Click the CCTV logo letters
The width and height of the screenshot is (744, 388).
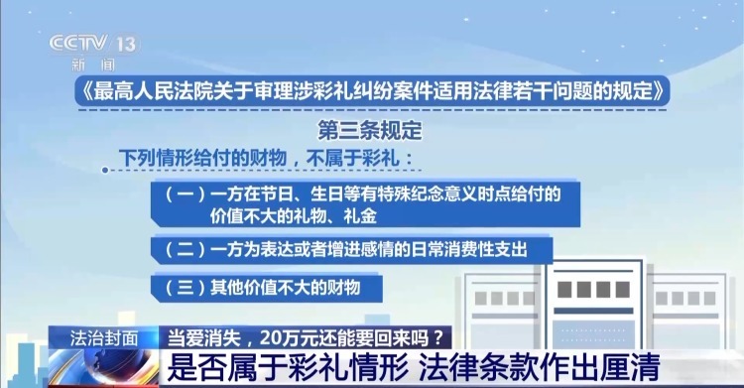(80, 44)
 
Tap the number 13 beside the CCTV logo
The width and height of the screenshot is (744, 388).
(126, 45)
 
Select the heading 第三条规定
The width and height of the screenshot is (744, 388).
(370, 130)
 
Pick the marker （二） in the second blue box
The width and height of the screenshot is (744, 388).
(183, 247)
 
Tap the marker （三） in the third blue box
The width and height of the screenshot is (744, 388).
(183, 288)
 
